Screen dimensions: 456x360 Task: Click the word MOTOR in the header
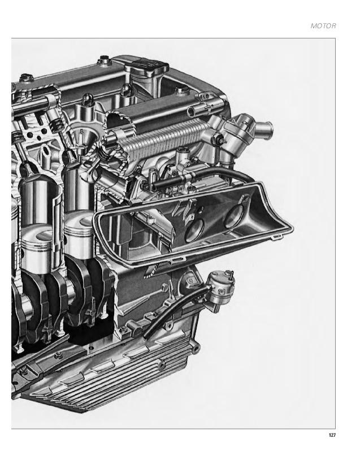pyautogui.click(x=324, y=26)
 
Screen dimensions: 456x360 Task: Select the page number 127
pyautogui.click(x=332, y=435)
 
